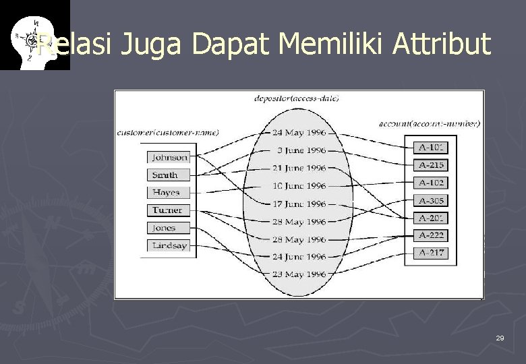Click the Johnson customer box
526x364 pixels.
tap(169, 157)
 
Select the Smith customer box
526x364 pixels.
tap(169, 175)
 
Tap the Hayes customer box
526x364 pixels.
tap(169, 192)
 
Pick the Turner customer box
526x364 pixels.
tap(169, 210)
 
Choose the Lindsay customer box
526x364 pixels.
tap(169, 245)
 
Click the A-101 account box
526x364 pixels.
tap(431, 147)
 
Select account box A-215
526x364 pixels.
tap(431, 165)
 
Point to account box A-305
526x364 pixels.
tap(431, 200)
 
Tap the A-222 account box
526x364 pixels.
tap(431, 235)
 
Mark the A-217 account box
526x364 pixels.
tap(431, 253)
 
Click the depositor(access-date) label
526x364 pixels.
tap(296, 98)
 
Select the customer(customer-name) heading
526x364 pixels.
tap(168, 132)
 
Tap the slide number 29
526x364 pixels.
tap(500, 338)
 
